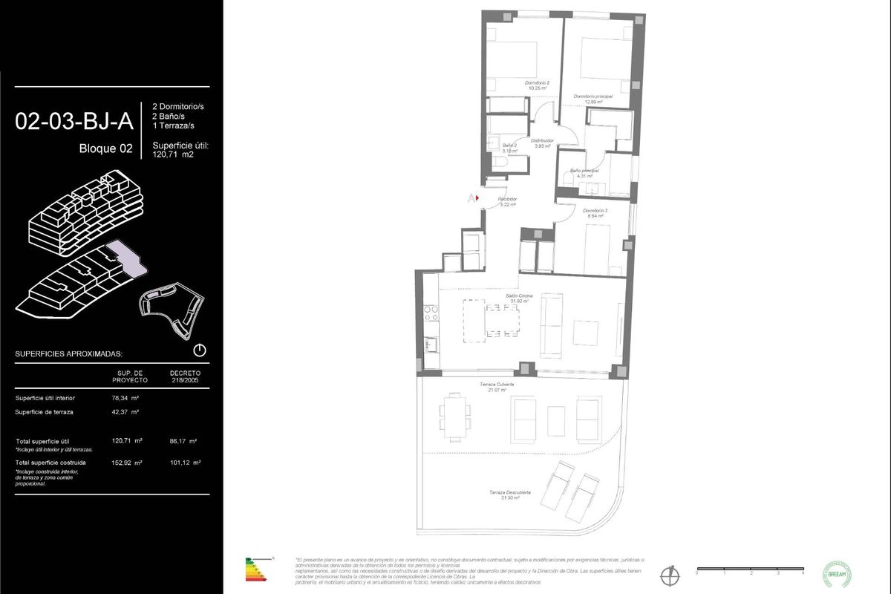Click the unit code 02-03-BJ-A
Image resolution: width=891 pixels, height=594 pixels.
74,121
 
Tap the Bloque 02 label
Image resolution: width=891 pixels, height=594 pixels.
105,148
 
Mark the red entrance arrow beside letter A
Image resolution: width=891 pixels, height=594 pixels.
476,198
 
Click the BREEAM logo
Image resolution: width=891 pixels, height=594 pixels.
838,573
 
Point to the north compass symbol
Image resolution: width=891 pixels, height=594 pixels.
671,574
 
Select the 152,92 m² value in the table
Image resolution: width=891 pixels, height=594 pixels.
126,462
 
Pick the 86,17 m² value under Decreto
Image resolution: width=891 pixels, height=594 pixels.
183,440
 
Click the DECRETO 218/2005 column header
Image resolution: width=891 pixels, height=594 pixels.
185,376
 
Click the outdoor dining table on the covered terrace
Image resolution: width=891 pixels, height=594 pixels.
454,414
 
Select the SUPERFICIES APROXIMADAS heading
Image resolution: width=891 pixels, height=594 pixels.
69,354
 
